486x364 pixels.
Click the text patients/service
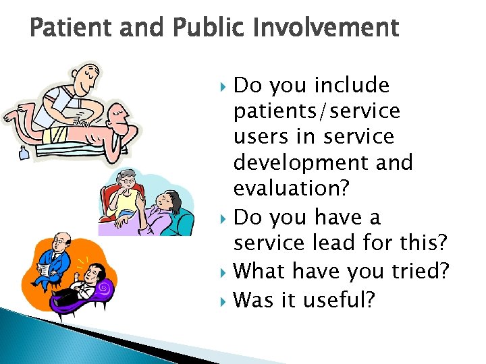317,111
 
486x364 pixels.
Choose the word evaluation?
292,187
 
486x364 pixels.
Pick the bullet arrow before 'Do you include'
225,86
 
